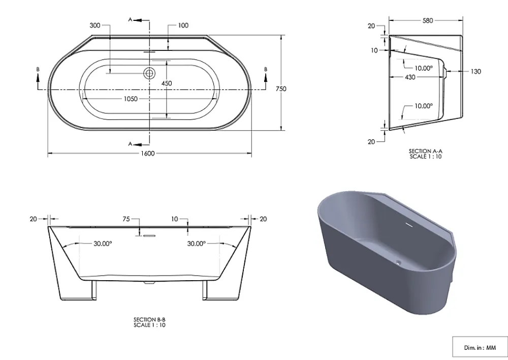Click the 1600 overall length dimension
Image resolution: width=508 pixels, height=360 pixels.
click(147, 153)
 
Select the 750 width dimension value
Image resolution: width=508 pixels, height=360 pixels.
click(281, 88)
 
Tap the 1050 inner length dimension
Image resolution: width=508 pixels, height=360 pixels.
click(131, 99)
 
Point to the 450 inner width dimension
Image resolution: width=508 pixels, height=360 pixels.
click(167, 83)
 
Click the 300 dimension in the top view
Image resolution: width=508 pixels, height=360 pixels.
click(95, 25)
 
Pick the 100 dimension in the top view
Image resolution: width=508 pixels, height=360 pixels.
click(183, 25)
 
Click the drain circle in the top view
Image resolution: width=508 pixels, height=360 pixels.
click(149, 73)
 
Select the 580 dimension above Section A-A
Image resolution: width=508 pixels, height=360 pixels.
click(428, 20)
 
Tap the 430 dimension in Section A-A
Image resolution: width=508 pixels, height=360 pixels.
click(410, 77)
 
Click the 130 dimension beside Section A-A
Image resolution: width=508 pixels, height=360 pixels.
click(475, 71)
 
